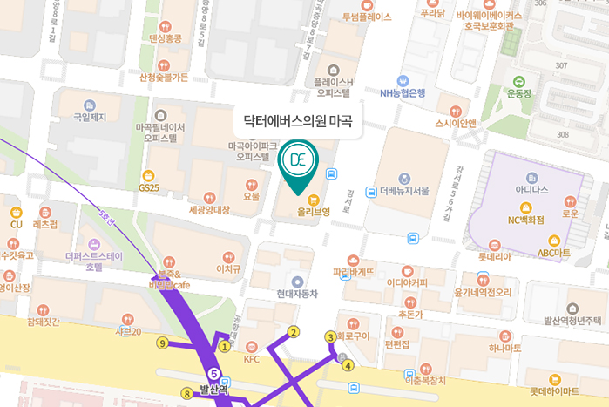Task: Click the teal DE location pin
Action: [x=298, y=162]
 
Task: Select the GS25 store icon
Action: [x=148, y=175]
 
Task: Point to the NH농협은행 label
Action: [x=403, y=92]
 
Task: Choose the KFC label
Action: [x=252, y=358]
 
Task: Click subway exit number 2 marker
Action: [x=294, y=332]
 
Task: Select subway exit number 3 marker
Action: [x=330, y=336]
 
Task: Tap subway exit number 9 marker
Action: [x=162, y=343]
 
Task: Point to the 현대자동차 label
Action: [x=299, y=294]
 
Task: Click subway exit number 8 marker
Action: [x=186, y=394]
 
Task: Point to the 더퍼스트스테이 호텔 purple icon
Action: [x=95, y=245]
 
